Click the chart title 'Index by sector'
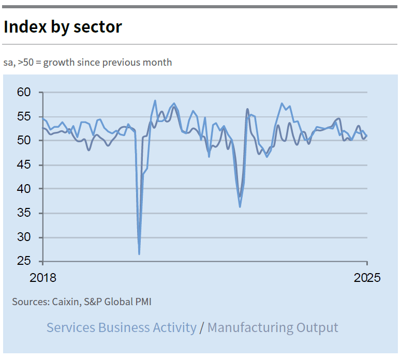[x=63, y=27]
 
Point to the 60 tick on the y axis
[x=24, y=93]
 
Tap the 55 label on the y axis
[x=24, y=116]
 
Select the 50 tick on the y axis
[x=24, y=141]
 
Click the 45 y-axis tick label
[x=24, y=165]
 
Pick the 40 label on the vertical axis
[x=24, y=189]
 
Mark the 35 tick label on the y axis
[x=24, y=213]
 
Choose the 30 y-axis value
[x=24, y=237]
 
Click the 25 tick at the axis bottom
[x=24, y=262]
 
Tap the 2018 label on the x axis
[x=43, y=278]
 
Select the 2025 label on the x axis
[x=367, y=278]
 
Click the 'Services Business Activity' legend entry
[x=122, y=327]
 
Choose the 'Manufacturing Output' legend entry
[x=273, y=327]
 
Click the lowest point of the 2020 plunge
[x=139, y=253]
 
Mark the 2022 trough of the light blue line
[x=240, y=207]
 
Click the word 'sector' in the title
[x=98, y=27]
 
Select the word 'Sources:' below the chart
[x=30, y=302]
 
